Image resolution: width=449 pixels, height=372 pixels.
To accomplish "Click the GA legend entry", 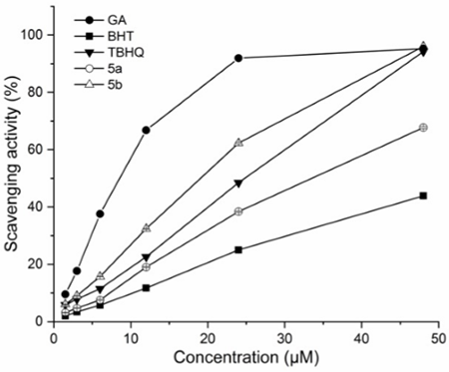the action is coord(100,20).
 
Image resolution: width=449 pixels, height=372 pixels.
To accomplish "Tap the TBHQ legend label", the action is coord(126,52).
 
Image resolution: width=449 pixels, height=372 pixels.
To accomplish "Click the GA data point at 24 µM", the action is coord(238,58).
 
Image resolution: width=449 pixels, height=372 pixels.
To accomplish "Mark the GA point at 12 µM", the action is coord(146,130).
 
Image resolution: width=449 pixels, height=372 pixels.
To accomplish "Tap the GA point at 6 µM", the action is coord(100,213).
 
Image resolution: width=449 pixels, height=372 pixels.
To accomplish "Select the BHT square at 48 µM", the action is coord(423,195).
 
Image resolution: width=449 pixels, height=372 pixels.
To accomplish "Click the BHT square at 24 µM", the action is coord(238,249).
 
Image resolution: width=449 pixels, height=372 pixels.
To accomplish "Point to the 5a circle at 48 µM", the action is coord(423,128).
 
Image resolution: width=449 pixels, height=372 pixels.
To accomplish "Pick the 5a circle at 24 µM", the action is coord(238,211).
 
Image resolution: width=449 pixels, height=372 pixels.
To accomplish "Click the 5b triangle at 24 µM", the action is coord(238,143).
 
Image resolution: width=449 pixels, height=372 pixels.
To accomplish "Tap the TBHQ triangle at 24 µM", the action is coord(238,184).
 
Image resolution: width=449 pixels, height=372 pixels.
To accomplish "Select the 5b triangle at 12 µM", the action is coord(146,228).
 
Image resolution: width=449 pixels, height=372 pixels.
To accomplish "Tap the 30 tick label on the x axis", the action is coord(284,339).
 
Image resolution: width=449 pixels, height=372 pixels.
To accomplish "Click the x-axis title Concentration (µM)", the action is coord(246,358).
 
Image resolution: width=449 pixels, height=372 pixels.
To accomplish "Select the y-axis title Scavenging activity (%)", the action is coord(12,164).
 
